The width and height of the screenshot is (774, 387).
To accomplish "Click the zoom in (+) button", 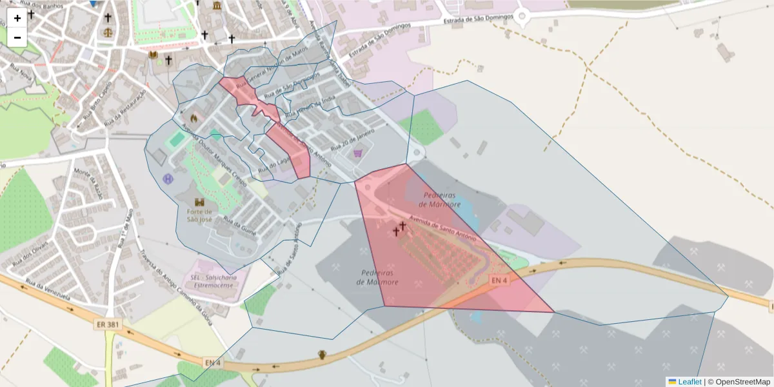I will click(17, 18).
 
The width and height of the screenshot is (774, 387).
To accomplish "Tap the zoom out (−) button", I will click(17, 37).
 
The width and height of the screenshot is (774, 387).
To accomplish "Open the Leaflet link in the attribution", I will click(689, 382).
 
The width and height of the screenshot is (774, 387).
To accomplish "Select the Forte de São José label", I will click(200, 215).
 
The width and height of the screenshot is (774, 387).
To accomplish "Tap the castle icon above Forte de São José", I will click(199, 202).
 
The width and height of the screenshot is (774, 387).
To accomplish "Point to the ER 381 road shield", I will click(107, 324).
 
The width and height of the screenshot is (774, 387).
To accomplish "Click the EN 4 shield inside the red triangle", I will click(499, 280).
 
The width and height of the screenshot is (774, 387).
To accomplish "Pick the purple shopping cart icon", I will click(358, 154).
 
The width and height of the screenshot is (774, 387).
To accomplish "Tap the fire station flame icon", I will click(193, 119).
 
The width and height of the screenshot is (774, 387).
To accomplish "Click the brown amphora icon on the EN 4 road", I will click(322, 355).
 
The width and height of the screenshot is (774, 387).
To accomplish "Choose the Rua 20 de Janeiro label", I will click(353, 140).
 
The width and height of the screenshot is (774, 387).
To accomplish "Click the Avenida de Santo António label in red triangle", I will click(447, 230).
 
